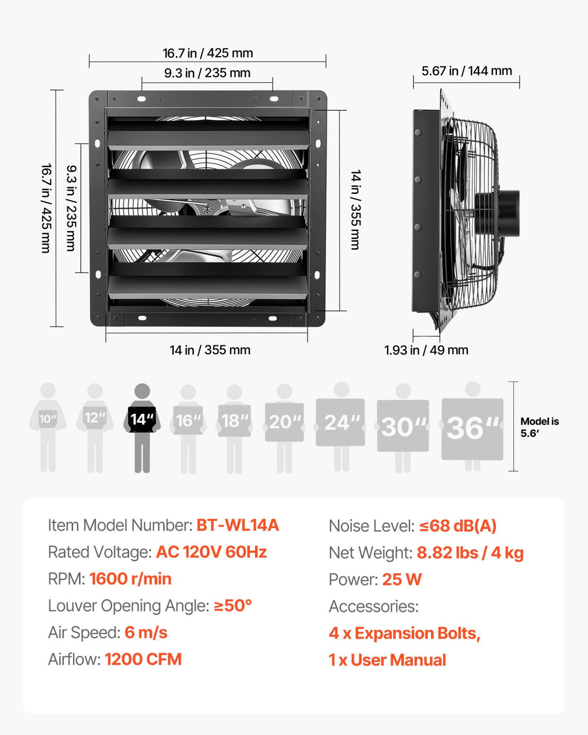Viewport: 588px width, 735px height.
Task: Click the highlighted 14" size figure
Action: (x=142, y=428)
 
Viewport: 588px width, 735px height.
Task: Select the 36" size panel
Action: (x=472, y=429)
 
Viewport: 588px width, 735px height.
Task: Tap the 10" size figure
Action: (x=48, y=427)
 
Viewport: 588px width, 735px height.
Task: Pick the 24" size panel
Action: (x=340, y=422)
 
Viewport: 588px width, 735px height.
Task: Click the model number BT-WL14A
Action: (x=238, y=525)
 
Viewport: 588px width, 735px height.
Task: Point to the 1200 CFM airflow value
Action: (x=143, y=659)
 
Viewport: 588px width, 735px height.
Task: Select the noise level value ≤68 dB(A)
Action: (x=458, y=526)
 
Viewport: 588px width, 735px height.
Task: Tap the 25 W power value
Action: (x=402, y=580)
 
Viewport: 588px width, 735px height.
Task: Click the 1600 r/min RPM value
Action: (x=130, y=579)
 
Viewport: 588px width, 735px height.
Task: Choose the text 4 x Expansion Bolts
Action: (x=404, y=633)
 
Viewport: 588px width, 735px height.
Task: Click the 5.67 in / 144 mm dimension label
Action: (x=467, y=71)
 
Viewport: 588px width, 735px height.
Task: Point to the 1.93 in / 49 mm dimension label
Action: (x=426, y=350)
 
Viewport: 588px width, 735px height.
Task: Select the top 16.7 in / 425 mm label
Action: (x=208, y=53)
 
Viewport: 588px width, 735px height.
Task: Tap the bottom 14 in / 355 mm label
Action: (x=210, y=350)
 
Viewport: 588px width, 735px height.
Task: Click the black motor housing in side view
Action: (x=497, y=213)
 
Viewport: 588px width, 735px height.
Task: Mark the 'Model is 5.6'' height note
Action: (x=540, y=427)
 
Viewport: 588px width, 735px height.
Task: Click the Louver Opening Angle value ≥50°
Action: (x=233, y=606)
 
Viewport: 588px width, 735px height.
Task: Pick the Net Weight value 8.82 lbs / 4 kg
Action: (x=470, y=553)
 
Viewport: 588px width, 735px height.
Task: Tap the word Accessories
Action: (x=374, y=606)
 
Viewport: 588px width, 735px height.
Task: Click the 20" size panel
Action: (x=284, y=422)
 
